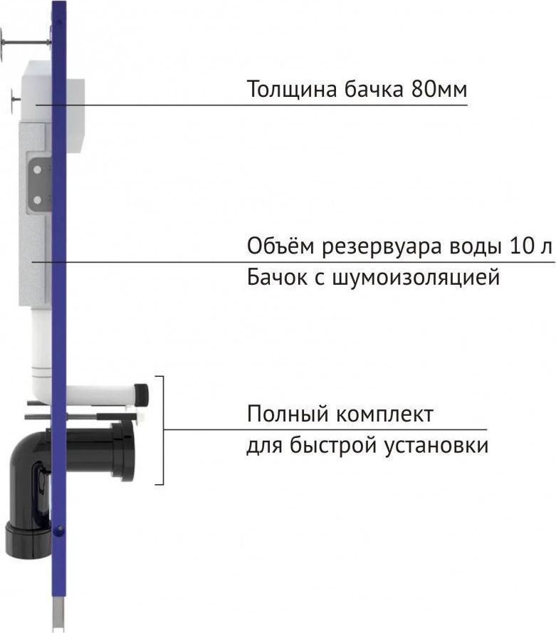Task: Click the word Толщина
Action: point(292,90)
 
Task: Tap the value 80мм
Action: point(439,89)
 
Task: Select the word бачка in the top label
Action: point(374,89)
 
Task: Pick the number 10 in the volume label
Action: point(523,246)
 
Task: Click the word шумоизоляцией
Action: point(416,278)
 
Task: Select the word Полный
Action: point(288,414)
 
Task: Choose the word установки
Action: point(436,446)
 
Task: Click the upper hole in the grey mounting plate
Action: point(37,170)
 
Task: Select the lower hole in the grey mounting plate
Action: point(37,199)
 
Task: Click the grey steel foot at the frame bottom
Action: point(58,617)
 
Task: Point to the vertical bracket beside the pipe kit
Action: point(162,430)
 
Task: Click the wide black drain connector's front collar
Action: point(123,451)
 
